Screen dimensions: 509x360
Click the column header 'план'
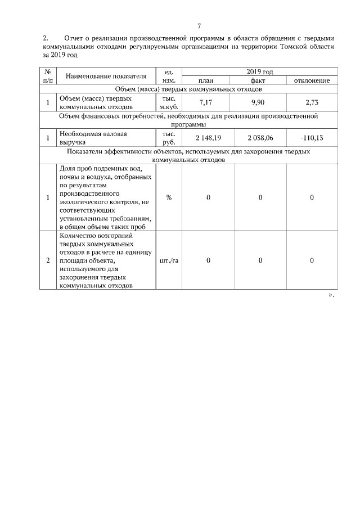[208, 80]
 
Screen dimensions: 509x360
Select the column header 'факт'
[260, 80]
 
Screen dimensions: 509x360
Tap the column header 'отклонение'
[312, 80]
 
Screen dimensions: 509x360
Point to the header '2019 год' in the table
[260, 72]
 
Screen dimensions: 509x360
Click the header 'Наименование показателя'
[106, 76]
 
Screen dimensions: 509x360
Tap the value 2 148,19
[208, 138]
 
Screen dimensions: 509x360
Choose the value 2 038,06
[260, 138]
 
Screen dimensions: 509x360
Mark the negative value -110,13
[312, 138]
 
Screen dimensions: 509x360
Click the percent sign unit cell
[169, 197]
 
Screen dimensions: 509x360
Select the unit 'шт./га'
[169, 260]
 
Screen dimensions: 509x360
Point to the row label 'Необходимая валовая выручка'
[93, 138]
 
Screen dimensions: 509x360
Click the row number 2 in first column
[48, 260]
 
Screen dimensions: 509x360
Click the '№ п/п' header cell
[48, 76]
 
